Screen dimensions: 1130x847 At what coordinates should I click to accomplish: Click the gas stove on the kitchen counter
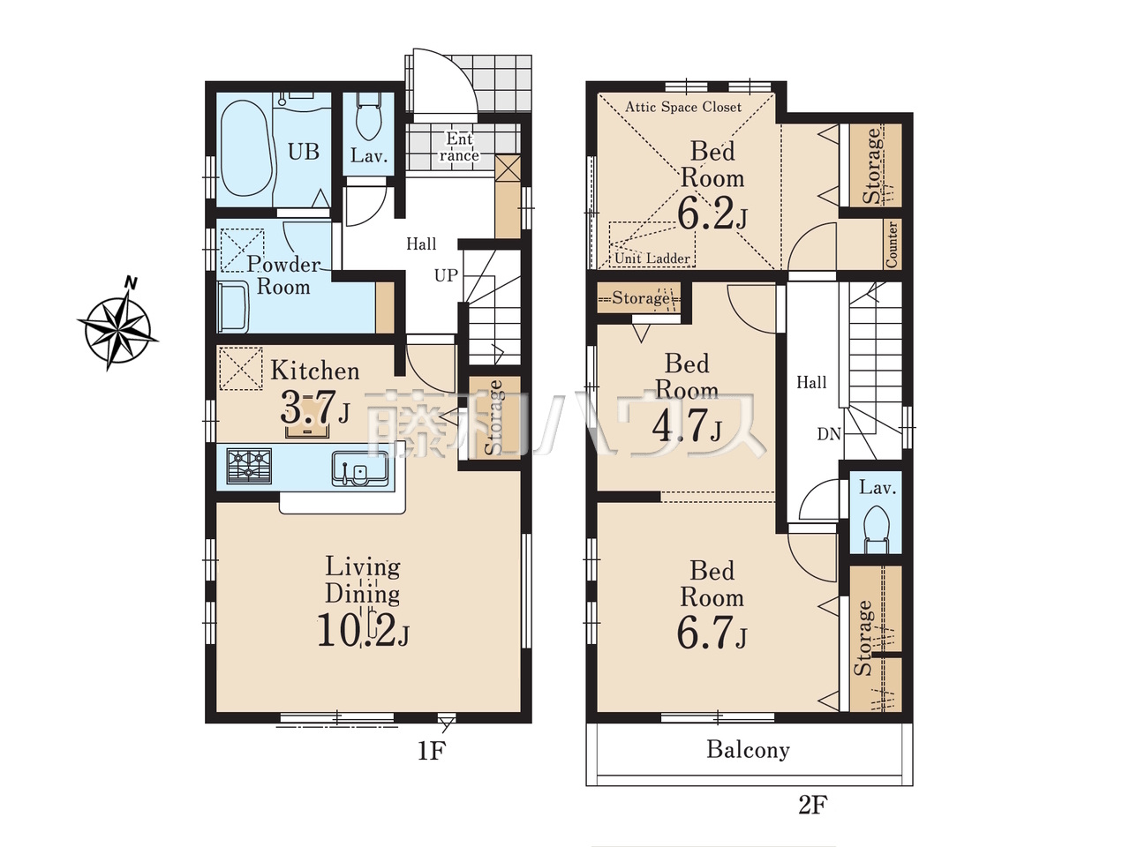(249, 467)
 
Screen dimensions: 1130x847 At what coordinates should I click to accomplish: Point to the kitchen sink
(360, 468)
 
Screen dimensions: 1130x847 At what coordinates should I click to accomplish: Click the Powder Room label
(283, 275)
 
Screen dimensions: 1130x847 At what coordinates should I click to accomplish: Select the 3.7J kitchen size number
(315, 407)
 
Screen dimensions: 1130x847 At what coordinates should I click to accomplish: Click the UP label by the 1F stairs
(446, 275)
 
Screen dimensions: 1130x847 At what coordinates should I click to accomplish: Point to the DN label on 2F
(829, 435)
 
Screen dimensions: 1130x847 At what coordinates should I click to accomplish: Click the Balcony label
(748, 750)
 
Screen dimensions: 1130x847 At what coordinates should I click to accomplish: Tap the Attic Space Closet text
(683, 107)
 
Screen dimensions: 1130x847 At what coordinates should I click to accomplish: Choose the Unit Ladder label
(652, 258)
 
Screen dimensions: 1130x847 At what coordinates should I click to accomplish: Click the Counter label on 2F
(892, 244)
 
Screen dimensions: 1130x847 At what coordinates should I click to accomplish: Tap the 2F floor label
(812, 805)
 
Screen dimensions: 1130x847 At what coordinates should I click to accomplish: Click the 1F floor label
(431, 752)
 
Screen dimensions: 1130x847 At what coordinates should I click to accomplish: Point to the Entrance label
(459, 147)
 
